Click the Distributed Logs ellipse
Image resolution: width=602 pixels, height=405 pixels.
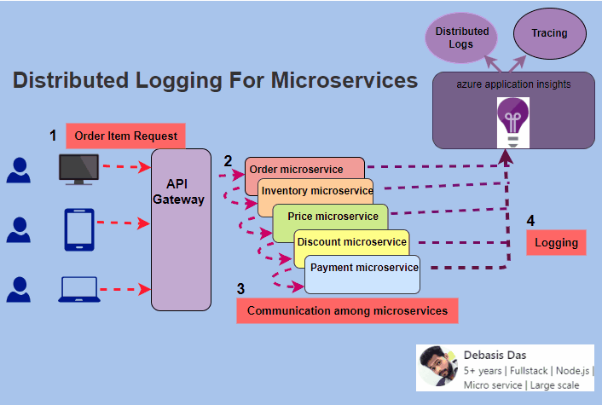tap(462, 38)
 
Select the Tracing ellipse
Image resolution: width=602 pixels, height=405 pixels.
tap(549, 34)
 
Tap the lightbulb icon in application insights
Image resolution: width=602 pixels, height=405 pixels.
tap(513, 119)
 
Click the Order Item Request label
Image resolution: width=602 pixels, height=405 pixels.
tap(125, 136)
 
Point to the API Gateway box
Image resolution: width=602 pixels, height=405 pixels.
tap(181, 229)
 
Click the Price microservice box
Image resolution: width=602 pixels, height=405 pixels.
tap(333, 217)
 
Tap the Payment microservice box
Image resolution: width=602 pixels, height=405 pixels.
tap(364, 268)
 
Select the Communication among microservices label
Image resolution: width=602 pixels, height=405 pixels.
tap(347, 311)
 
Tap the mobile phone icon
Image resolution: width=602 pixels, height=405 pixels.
tap(78, 230)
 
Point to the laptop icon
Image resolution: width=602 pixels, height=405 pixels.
tap(78, 290)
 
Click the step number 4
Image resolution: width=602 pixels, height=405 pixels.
tap(530, 221)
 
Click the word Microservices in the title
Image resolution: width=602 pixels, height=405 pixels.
tap(344, 81)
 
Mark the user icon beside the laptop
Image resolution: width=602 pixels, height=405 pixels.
tap(18, 290)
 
